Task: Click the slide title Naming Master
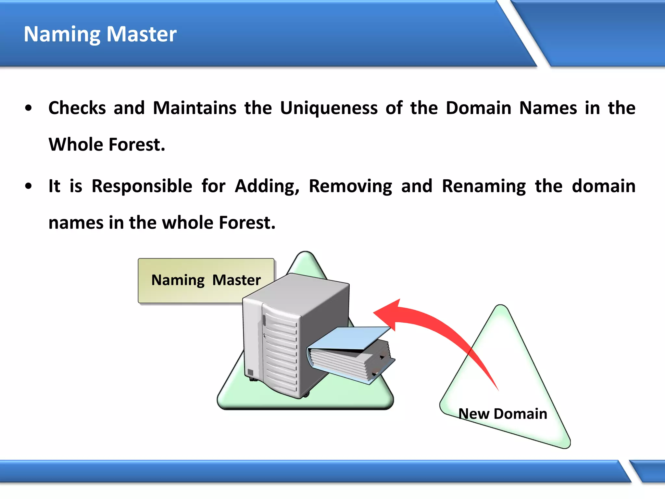tap(100, 34)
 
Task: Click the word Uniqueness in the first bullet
tap(329, 108)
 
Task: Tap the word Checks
tap(77, 108)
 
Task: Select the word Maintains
tap(194, 108)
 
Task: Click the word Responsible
tap(142, 186)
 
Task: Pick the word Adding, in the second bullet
tap(267, 186)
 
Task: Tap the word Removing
tap(350, 186)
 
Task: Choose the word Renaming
tap(484, 186)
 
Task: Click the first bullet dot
tap(29, 108)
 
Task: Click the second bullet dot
tap(29, 186)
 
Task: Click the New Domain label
tap(503, 414)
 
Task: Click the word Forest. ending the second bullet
tap(247, 223)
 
